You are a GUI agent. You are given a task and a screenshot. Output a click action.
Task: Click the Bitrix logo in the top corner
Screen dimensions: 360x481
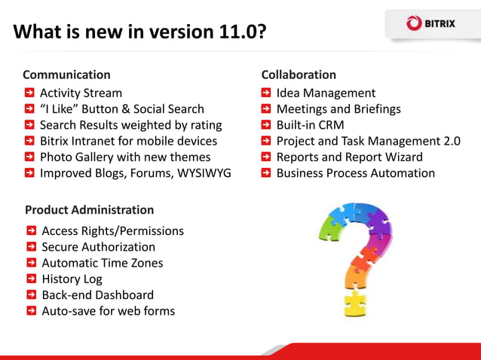pyautogui.click(x=430, y=23)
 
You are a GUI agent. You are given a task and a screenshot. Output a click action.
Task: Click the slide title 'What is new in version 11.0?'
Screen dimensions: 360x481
pyautogui.click(x=139, y=32)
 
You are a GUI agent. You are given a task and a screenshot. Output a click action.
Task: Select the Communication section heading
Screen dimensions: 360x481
pyautogui.click(x=66, y=75)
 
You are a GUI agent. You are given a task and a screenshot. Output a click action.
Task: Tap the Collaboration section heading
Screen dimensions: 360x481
pyautogui.click(x=299, y=75)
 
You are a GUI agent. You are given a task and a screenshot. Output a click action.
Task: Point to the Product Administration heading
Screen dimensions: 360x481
pyautogui.click(x=89, y=209)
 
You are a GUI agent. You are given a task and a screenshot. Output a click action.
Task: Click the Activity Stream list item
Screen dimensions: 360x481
pyautogui.click(x=81, y=93)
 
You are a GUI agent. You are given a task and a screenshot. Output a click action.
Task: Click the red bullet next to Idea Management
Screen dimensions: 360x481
pyautogui.click(x=267, y=93)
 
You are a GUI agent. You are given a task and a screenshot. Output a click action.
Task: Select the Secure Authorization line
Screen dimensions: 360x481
pyautogui.click(x=98, y=246)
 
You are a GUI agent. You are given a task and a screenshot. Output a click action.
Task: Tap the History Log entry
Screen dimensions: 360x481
pyautogui.click(x=72, y=279)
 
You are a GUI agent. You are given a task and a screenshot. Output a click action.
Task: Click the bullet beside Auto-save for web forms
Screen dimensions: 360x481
pyautogui.click(x=32, y=310)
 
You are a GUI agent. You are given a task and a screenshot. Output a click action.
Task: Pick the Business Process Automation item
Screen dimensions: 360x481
pyautogui.click(x=355, y=172)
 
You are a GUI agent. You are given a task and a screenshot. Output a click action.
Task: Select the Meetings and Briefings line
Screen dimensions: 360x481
pyautogui.click(x=339, y=108)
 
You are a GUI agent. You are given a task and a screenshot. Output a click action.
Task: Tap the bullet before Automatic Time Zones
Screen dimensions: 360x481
pyautogui.click(x=32, y=262)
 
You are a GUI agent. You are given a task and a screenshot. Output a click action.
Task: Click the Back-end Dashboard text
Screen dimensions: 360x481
pyautogui.click(x=97, y=294)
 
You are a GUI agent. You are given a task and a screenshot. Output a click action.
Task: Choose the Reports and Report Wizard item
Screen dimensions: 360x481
pyautogui.click(x=349, y=157)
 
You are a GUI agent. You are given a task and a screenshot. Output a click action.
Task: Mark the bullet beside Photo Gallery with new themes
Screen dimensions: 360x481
pyautogui.click(x=29, y=157)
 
